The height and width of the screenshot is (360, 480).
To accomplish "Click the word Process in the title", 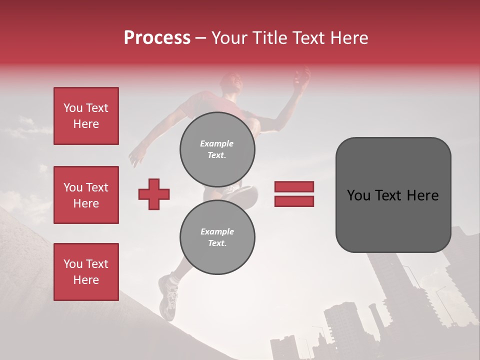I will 157,38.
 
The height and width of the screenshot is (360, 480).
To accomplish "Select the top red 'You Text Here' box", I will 86,116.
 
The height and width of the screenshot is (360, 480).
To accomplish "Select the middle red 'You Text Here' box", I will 86,195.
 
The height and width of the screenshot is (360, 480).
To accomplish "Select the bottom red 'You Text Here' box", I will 86,272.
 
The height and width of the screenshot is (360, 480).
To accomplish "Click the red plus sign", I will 154,194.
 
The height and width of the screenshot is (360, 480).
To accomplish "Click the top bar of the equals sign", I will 294,186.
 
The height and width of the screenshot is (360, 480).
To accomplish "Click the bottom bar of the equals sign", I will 294,201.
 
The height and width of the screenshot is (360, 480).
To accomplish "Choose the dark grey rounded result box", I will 393,195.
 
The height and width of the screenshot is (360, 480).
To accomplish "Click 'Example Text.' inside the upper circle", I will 217,149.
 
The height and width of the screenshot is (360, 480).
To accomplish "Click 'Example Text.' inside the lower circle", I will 217,237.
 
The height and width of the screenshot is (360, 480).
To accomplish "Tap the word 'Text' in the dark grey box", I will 393,195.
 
